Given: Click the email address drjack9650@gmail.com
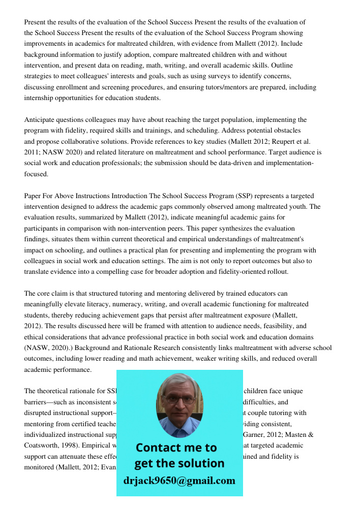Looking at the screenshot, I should coord(179,481).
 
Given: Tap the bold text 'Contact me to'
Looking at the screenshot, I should coord(176,448).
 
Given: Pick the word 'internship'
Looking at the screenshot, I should coord(39,98).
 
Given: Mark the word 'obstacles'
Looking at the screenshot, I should coord(287,131).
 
